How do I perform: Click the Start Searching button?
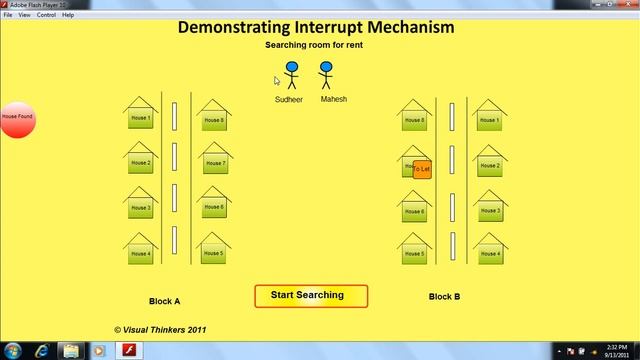311,296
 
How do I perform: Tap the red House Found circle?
17,118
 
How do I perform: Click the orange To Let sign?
422,169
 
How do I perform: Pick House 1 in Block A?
141,119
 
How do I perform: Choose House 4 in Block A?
141,253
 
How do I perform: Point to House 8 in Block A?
214,120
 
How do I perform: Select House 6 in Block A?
214,207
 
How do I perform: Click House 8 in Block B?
415,120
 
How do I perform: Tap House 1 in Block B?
489,120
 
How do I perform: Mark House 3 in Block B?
489,210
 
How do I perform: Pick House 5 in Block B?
415,254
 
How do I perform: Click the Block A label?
164,299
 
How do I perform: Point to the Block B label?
444,296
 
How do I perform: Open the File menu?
8,15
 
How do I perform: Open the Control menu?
46,15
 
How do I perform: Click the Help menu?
68,15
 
